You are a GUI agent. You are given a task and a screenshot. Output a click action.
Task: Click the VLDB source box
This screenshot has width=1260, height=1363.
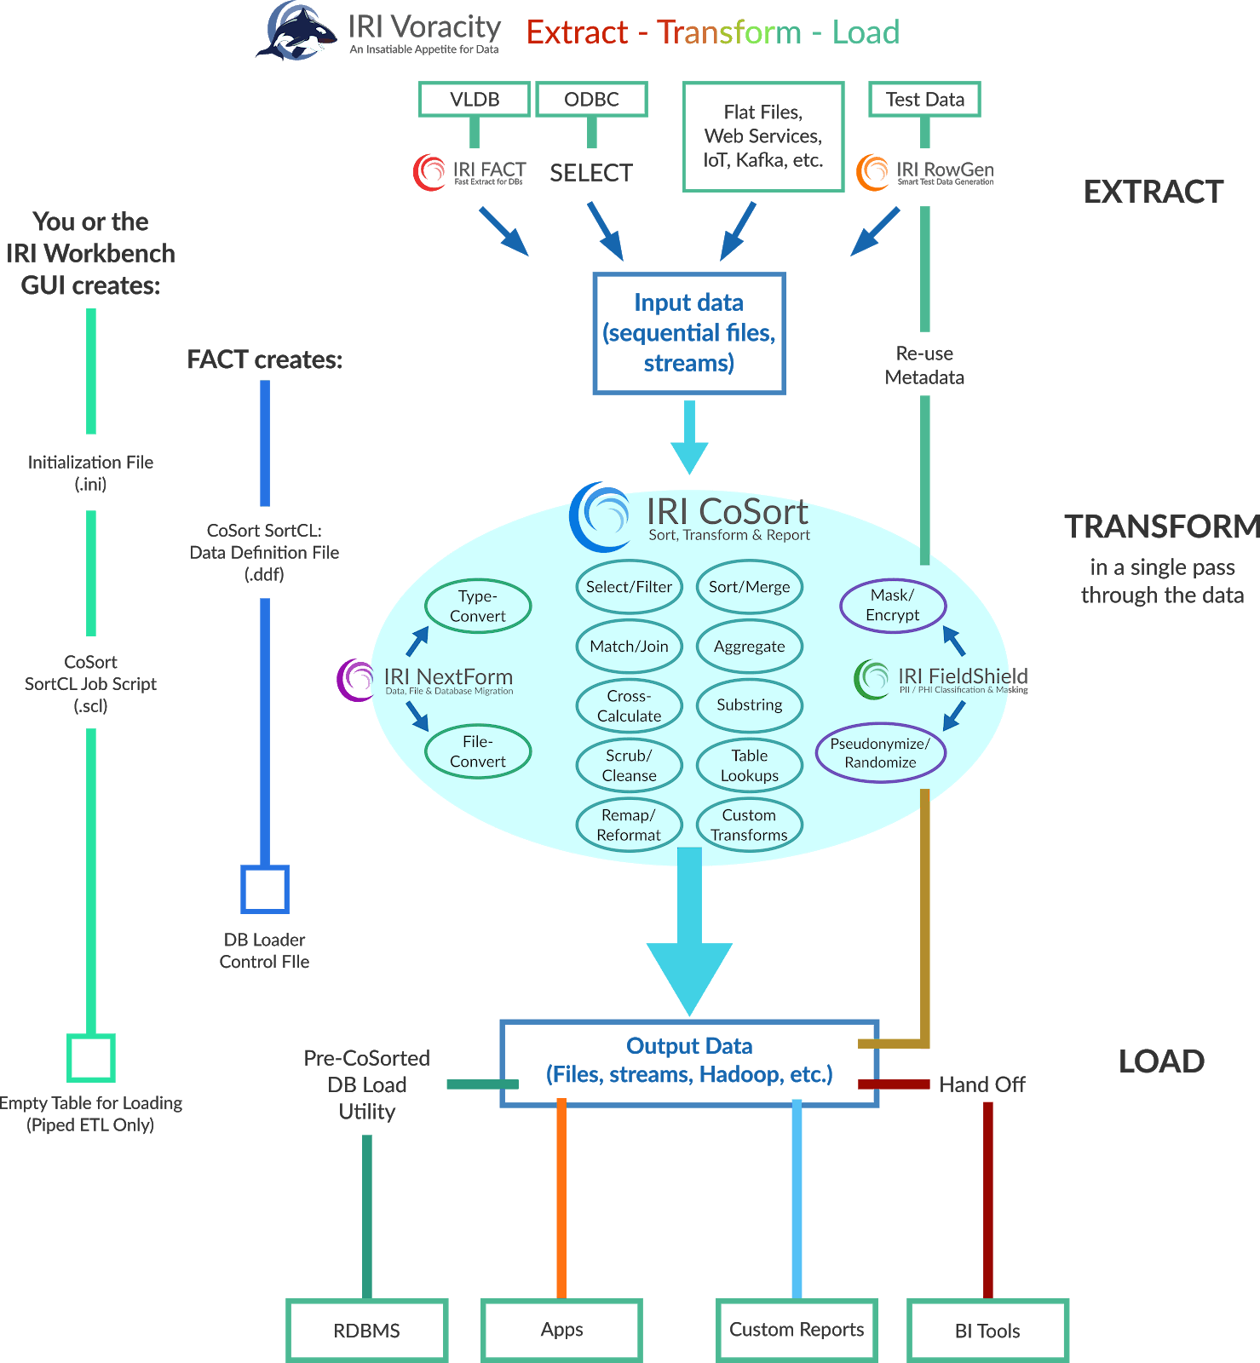475,99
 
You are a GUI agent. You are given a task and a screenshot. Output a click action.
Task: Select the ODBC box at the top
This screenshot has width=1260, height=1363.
591,99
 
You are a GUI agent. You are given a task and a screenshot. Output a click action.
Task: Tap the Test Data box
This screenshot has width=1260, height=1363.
924,99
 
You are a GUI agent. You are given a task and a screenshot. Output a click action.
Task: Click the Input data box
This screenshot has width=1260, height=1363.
688,333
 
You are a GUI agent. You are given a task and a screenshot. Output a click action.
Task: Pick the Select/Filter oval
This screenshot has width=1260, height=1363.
629,587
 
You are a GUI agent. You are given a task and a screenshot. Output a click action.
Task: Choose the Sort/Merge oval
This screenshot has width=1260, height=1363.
749,587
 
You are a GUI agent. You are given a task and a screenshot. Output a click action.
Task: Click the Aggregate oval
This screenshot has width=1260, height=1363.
749,647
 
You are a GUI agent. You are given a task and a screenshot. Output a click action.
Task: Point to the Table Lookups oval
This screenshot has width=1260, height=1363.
749,765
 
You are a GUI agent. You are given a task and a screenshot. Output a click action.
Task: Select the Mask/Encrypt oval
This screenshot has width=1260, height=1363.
892,605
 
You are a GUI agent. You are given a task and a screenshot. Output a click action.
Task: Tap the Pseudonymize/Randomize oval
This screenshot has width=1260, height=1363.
880,753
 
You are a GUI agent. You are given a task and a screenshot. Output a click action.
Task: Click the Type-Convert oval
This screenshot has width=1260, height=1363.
477,606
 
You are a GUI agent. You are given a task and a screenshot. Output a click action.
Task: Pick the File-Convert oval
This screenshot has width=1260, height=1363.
477,751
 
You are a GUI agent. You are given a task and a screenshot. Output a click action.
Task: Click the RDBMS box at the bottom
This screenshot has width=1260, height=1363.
367,1330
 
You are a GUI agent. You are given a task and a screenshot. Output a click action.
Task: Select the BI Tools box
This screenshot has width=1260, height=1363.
987,1330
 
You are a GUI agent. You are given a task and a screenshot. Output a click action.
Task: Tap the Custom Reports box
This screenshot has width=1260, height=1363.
797,1330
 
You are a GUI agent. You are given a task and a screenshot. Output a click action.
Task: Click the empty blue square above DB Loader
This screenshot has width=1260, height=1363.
264,889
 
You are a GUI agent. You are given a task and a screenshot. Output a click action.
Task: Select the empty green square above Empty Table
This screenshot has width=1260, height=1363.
91,1058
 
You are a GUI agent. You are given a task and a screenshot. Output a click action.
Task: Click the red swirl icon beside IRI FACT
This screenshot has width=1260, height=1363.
429,172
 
